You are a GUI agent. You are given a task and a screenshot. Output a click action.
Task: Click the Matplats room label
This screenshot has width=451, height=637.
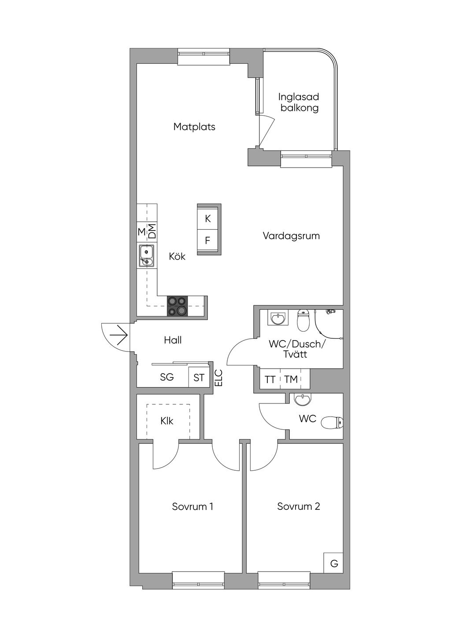(194, 127)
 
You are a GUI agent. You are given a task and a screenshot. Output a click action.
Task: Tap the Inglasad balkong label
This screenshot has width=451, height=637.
(299, 102)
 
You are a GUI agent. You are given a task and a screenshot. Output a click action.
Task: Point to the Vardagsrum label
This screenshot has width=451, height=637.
(291, 236)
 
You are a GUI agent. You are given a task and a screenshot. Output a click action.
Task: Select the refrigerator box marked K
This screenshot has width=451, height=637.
(208, 219)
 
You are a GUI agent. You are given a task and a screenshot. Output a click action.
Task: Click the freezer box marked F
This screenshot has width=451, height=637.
(208, 241)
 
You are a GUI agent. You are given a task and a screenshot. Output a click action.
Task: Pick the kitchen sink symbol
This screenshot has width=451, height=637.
(146, 256)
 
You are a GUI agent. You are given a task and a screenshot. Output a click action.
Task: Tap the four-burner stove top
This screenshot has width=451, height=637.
(177, 306)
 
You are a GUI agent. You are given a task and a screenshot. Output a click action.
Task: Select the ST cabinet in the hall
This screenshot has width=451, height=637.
(199, 377)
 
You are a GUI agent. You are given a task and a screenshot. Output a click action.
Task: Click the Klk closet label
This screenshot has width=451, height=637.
(167, 421)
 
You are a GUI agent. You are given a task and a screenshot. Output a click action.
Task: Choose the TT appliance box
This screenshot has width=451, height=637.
(270, 379)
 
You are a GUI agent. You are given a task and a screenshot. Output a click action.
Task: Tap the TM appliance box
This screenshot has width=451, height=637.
(291, 379)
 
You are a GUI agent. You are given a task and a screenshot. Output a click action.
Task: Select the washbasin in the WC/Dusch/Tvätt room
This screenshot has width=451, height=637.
(277, 318)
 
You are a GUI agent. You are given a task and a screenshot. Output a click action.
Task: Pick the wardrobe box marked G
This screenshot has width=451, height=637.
(334, 563)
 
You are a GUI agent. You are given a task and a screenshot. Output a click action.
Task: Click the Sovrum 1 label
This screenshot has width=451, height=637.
(192, 506)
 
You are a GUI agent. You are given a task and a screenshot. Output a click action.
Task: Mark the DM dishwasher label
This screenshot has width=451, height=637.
(152, 231)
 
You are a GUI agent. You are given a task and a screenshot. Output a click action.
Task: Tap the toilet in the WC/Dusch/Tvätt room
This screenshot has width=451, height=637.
(303, 321)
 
